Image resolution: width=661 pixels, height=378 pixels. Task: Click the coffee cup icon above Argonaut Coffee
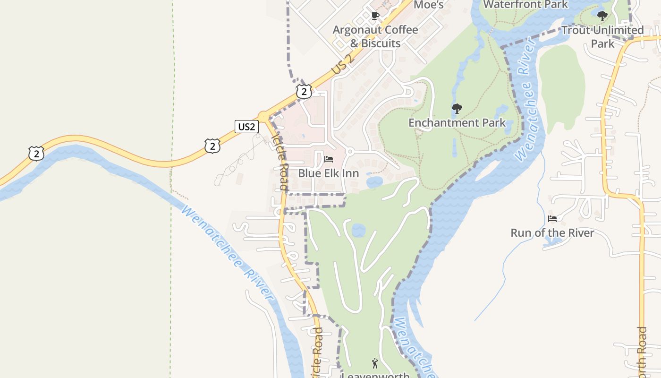[375, 16]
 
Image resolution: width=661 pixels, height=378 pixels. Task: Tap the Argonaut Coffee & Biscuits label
[375, 36]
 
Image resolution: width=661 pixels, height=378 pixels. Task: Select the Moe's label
[428, 5]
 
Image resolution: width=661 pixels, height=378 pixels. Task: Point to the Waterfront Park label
[525, 5]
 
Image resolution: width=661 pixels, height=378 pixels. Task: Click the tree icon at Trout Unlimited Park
[602, 16]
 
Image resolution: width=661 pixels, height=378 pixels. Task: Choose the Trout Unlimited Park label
[602, 37]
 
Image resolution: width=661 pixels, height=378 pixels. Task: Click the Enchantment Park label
[457, 123]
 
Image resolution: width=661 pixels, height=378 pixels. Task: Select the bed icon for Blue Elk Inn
[329, 159]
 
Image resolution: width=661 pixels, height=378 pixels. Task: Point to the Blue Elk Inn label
[328, 173]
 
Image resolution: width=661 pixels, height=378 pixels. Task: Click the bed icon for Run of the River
[552, 219]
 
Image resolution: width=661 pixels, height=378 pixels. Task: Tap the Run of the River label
[552, 233]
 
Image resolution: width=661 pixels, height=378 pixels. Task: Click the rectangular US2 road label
[247, 126]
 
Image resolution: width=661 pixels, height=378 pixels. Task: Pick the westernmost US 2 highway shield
[36, 153]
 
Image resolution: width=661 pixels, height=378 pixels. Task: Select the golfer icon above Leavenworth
[375, 363]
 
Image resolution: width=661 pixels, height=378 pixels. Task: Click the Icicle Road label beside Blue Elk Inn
[280, 161]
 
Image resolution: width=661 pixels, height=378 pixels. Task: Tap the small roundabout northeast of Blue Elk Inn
[350, 152]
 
